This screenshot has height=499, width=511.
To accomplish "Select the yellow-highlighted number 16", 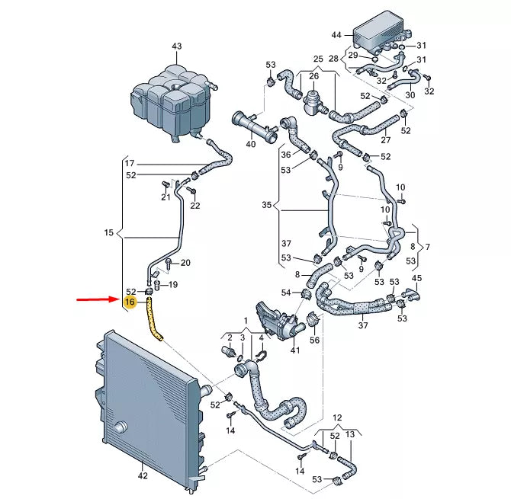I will click(x=130, y=302).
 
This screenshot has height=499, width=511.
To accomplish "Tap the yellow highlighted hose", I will click(x=154, y=318).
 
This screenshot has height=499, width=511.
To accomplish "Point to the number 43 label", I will click(x=177, y=46).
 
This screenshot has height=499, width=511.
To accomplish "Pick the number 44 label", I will click(x=337, y=36).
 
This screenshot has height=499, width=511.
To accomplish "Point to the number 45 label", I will click(x=416, y=278).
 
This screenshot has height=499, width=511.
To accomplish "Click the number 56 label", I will click(x=314, y=340).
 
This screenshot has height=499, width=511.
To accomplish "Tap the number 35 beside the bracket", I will click(x=266, y=206).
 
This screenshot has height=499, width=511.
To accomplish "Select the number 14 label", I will click(x=230, y=430).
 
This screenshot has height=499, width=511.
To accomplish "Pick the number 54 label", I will click(x=286, y=293).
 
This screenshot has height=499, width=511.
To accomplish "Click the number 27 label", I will click(x=385, y=139).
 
